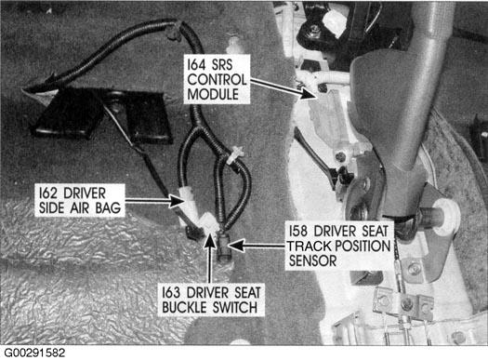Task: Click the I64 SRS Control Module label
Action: pyautogui.click(x=217, y=79)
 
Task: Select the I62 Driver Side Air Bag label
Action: pyautogui.click(x=80, y=200)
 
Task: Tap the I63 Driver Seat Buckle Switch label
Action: pyautogui.click(x=211, y=300)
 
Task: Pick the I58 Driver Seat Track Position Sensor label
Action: pyautogui.click(x=339, y=246)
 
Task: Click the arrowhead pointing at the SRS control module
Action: pyautogui.click(x=308, y=93)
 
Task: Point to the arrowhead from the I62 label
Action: pyautogui.click(x=177, y=201)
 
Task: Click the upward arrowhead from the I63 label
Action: pyautogui.click(x=210, y=241)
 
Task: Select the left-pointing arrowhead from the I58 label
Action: pyautogui.click(x=236, y=246)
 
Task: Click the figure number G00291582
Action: pyautogui.click(x=34, y=353)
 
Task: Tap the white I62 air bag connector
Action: pyautogui.click(x=188, y=204)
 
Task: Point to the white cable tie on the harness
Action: pyautogui.click(x=234, y=156)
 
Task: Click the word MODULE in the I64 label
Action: pyautogui.click(x=213, y=94)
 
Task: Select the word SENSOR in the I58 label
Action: pyautogui.click(x=312, y=260)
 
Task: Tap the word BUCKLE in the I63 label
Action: pyautogui.click(x=185, y=307)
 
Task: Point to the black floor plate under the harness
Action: pyautogui.click(x=102, y=114)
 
